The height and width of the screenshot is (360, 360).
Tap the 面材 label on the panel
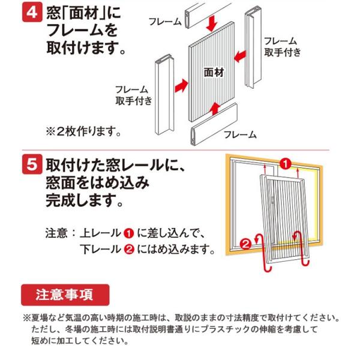(213, 71)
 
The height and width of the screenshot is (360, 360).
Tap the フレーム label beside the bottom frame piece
(240, 134)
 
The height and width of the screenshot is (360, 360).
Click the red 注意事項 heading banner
(66, 294)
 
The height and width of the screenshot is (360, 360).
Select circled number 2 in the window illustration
(245, 243)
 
